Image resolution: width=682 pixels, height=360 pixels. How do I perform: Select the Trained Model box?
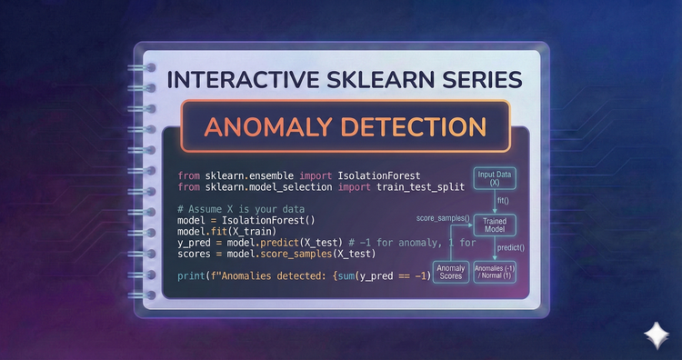click(x=495, y=225)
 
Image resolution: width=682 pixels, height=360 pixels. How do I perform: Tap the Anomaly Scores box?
click(x=452, y=271)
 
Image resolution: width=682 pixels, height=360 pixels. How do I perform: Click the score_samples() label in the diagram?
click(x=443, y=219)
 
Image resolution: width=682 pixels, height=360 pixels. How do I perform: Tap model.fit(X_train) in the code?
click(x=219, y=232)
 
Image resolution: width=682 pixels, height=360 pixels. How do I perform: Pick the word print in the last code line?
click(x=190, y=275)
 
